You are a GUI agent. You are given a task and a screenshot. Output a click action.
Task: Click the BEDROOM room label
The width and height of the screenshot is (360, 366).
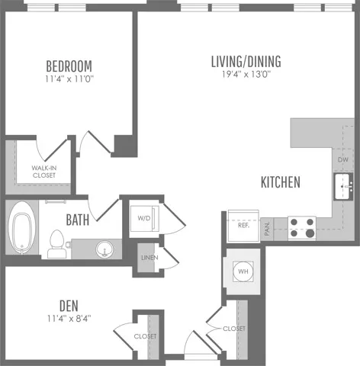click(x=69, y=66)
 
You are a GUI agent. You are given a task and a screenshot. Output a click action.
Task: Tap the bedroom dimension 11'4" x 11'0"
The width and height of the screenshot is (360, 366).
click(x=69, y=79)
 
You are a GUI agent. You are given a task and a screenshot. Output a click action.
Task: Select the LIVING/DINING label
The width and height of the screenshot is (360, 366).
click(x=246, y=62)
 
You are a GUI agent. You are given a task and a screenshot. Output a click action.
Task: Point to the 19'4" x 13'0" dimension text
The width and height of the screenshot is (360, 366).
click(x=246, y=74)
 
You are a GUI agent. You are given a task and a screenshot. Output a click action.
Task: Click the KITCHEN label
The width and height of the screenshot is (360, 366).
click(x=281, y=182)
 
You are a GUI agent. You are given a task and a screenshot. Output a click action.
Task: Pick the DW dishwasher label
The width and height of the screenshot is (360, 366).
click(x=343, y=159)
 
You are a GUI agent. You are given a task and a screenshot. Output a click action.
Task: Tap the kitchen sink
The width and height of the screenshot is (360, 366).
click(x=343, y=187)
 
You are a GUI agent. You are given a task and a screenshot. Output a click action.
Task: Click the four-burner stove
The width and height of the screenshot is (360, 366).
click(x=302, y=228)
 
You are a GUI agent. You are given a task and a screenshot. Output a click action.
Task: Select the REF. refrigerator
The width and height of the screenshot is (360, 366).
click(x=243, y=226)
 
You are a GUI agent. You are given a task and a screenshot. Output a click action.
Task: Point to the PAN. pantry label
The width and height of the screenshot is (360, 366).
click(x=267, y=229)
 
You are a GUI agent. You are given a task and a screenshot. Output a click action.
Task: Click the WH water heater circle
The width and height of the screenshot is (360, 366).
click(x=243, y=271)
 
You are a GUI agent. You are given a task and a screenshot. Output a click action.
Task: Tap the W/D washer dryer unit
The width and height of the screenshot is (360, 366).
click(x=144, y=219)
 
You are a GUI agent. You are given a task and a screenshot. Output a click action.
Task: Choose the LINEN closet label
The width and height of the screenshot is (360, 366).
click(x=149, y=258)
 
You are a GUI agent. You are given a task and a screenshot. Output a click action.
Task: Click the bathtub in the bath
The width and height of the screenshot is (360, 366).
click(x=22, y=228)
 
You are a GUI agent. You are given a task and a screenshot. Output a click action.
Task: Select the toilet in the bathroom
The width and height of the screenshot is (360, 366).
click(x=56, y=244)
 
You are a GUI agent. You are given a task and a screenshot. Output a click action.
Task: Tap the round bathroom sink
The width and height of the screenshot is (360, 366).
click(x=104, y=249)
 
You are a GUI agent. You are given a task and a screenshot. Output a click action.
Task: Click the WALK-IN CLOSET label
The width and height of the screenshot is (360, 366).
click(x=44, y=172)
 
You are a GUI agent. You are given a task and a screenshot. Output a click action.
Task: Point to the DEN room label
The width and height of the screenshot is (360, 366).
click(x=69, y=306)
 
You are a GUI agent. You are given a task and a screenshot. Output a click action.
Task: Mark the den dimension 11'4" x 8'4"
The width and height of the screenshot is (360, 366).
click(x=69, y=318)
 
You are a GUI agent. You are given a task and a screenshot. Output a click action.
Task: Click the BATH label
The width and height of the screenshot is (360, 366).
click(x=78, y=220)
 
